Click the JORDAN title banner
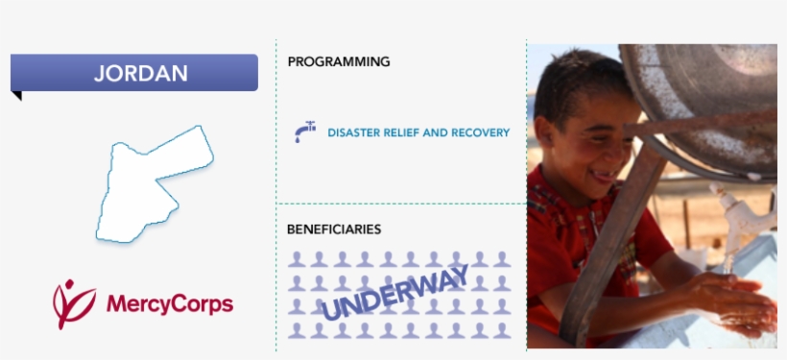(134, 73)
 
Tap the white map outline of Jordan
(149, 187)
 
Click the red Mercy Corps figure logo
(72, 303)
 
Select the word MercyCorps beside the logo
(169, 305)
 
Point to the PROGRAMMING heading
(339, 61)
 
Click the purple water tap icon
(305, 132)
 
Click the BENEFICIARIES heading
(334, 229)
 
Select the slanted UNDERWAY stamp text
(395, 293)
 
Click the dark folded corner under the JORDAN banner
(16, 95)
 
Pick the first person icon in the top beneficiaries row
(298, 259)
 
